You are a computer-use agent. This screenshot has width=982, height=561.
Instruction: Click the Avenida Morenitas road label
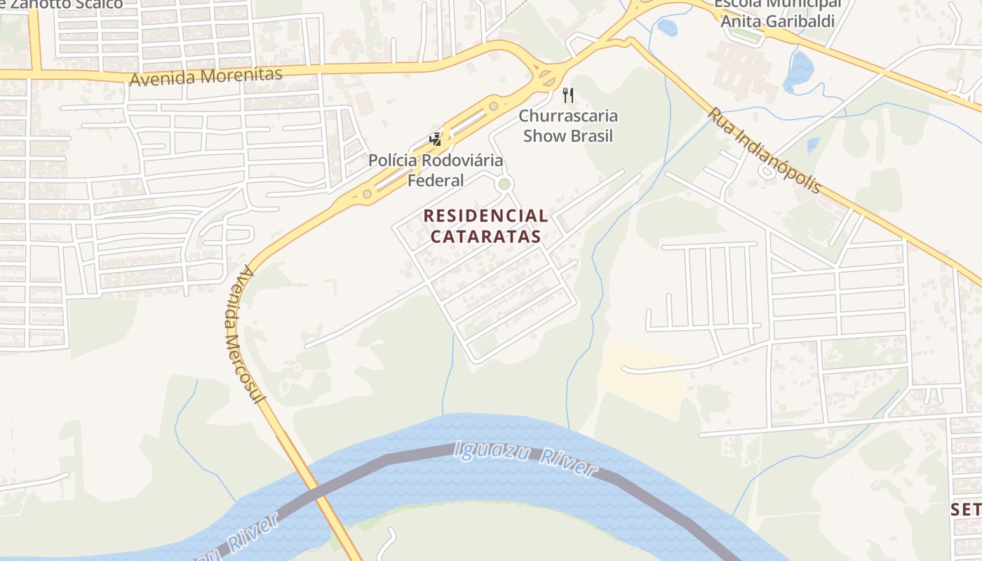(206, 76)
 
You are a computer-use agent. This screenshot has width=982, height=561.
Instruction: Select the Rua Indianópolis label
(764, 149)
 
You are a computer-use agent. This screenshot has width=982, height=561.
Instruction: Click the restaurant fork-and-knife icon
(568, 95)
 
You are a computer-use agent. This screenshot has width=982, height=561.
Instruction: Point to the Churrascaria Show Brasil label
(568, 126)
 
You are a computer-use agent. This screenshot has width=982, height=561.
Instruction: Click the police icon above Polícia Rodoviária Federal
(436, 139)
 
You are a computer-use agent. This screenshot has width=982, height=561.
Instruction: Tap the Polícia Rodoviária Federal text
(436, 170)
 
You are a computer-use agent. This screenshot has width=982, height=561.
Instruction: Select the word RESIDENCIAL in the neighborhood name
(485, 216)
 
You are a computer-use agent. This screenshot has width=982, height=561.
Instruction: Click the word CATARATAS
(485, 236)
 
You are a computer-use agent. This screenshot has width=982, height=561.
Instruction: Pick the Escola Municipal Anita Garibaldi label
(777, 13)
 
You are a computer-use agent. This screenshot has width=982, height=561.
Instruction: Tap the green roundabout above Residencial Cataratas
(504, 184)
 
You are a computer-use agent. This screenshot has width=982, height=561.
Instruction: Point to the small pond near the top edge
(667, 27)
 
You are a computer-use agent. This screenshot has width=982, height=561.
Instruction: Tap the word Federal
(436, 180)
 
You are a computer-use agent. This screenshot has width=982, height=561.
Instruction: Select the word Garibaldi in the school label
(799, 21)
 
